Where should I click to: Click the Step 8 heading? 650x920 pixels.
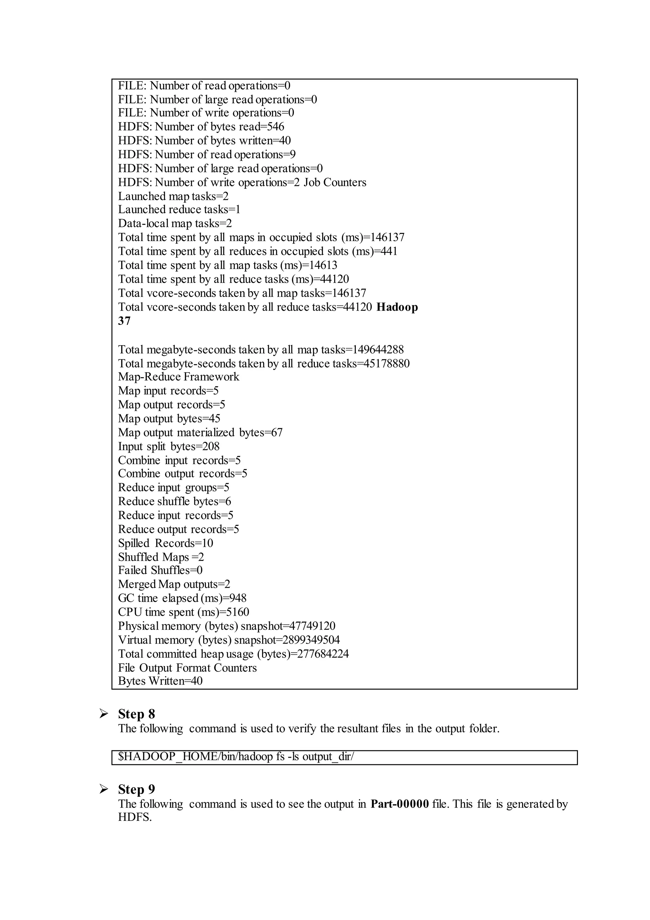tap(136, 714)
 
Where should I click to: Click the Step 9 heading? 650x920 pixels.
tap(136, 789)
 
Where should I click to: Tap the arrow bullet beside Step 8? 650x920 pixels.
tap(104, 714)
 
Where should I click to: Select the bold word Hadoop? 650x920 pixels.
tap(397, 307)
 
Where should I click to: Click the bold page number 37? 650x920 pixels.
tap(124, 321)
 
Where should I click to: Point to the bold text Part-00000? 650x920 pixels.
tap(400, 804)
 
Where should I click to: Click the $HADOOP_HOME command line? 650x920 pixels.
tap(236, 756)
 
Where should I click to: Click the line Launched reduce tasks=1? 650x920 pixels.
tap(179, 210)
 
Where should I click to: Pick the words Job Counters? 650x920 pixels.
tap(335, 182)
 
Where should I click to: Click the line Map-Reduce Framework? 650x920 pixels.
tap(178, 377)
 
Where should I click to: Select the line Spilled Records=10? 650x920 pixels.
tap(165, 543)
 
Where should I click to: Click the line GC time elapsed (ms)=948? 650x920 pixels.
tap(182, 598)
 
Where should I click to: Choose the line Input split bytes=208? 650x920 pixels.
tap(169, 446)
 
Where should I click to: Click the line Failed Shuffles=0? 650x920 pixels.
tap(160, 570)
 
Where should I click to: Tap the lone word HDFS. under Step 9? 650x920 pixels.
tap(135, 817)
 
